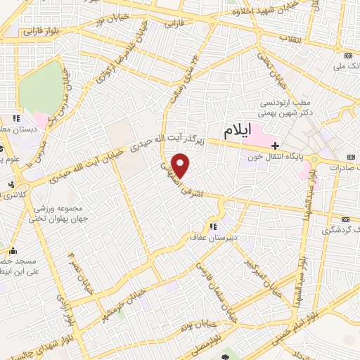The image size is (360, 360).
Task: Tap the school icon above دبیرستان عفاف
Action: pyautogui.click(x=212, y=226)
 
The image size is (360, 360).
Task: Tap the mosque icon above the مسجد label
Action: pyautogui.click(x=12, y=250)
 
